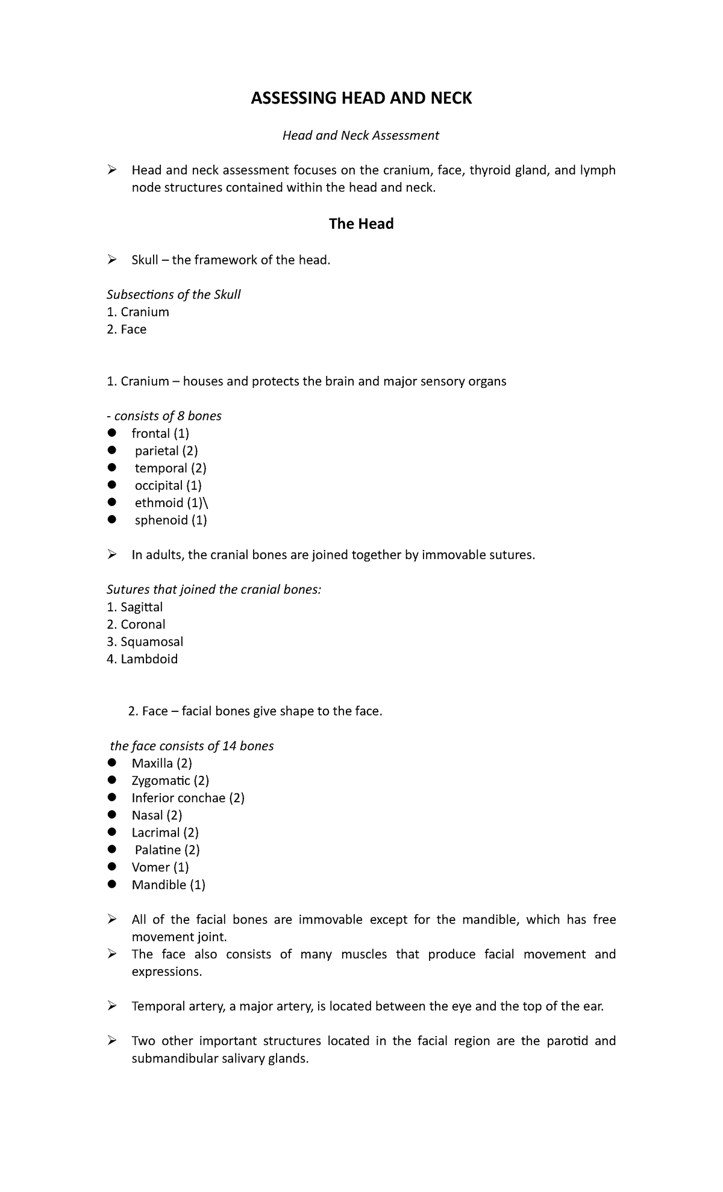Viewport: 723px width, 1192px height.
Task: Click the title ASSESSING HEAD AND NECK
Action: click(361, 98)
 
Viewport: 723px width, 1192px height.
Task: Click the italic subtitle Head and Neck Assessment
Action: click(361, 136)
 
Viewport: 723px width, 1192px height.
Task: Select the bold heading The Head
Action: click(361, 224)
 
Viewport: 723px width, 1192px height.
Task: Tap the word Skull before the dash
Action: click(145, 260)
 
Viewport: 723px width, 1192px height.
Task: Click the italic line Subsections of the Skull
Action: click(174, 295)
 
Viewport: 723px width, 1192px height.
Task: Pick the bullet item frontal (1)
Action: click(160, 434)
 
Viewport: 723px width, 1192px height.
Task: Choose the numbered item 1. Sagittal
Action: click(135, 607)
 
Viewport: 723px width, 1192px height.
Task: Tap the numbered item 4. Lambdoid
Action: click(142, 659)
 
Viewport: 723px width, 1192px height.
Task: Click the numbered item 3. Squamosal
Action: click(145, 641)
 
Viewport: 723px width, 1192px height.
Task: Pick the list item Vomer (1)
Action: click(160, 867)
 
